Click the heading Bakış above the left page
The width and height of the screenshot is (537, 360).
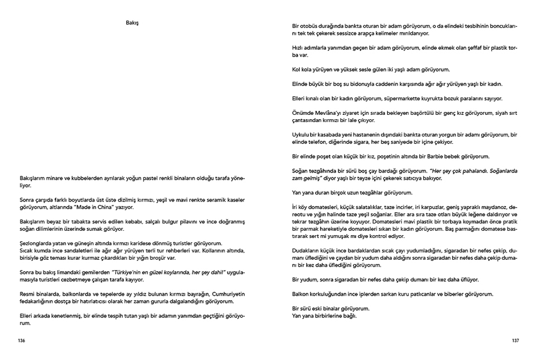pos(132,23)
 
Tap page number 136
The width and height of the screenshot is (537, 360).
pos(22,340)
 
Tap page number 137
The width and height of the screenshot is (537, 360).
pos(515,340)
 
